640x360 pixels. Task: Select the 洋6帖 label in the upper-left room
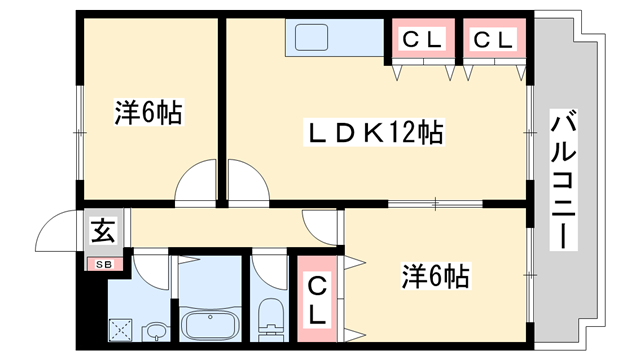(148, 113)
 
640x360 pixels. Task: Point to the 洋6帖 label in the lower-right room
(437, 274)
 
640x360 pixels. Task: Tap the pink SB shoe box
(104, 265)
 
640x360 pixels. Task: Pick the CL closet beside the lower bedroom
(316, 298)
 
